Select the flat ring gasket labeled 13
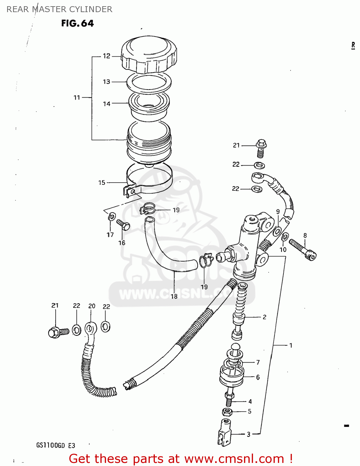(149, 82)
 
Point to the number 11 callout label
(77, 98)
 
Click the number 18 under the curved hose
(174, 296)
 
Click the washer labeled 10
(285, 237)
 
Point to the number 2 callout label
(265, 317)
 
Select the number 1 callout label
(291, 345)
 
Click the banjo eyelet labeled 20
(90, 329)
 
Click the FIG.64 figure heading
(77, 23)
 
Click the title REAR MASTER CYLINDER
(59, 9)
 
